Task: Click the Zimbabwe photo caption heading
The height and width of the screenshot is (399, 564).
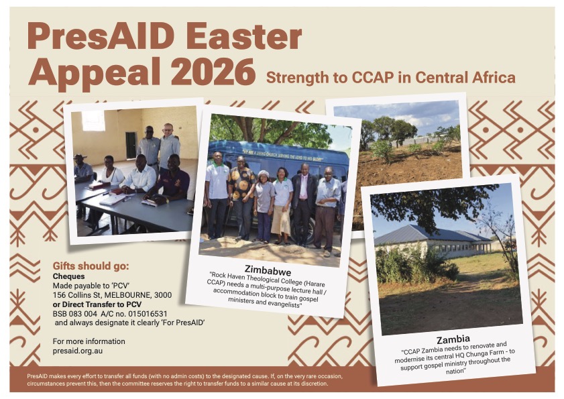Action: point(268,270)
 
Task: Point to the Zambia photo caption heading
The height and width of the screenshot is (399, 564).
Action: point(453,339)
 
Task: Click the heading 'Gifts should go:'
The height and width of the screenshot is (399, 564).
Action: point(91,266)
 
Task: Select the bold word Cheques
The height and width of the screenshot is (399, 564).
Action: point(68,276)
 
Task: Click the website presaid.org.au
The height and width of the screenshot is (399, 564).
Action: point(78,351)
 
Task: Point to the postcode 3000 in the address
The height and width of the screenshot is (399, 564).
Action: point(163,295)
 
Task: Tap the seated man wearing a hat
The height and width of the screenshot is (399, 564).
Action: point(82,169)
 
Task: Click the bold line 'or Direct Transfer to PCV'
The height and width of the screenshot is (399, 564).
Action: point(97,304)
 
